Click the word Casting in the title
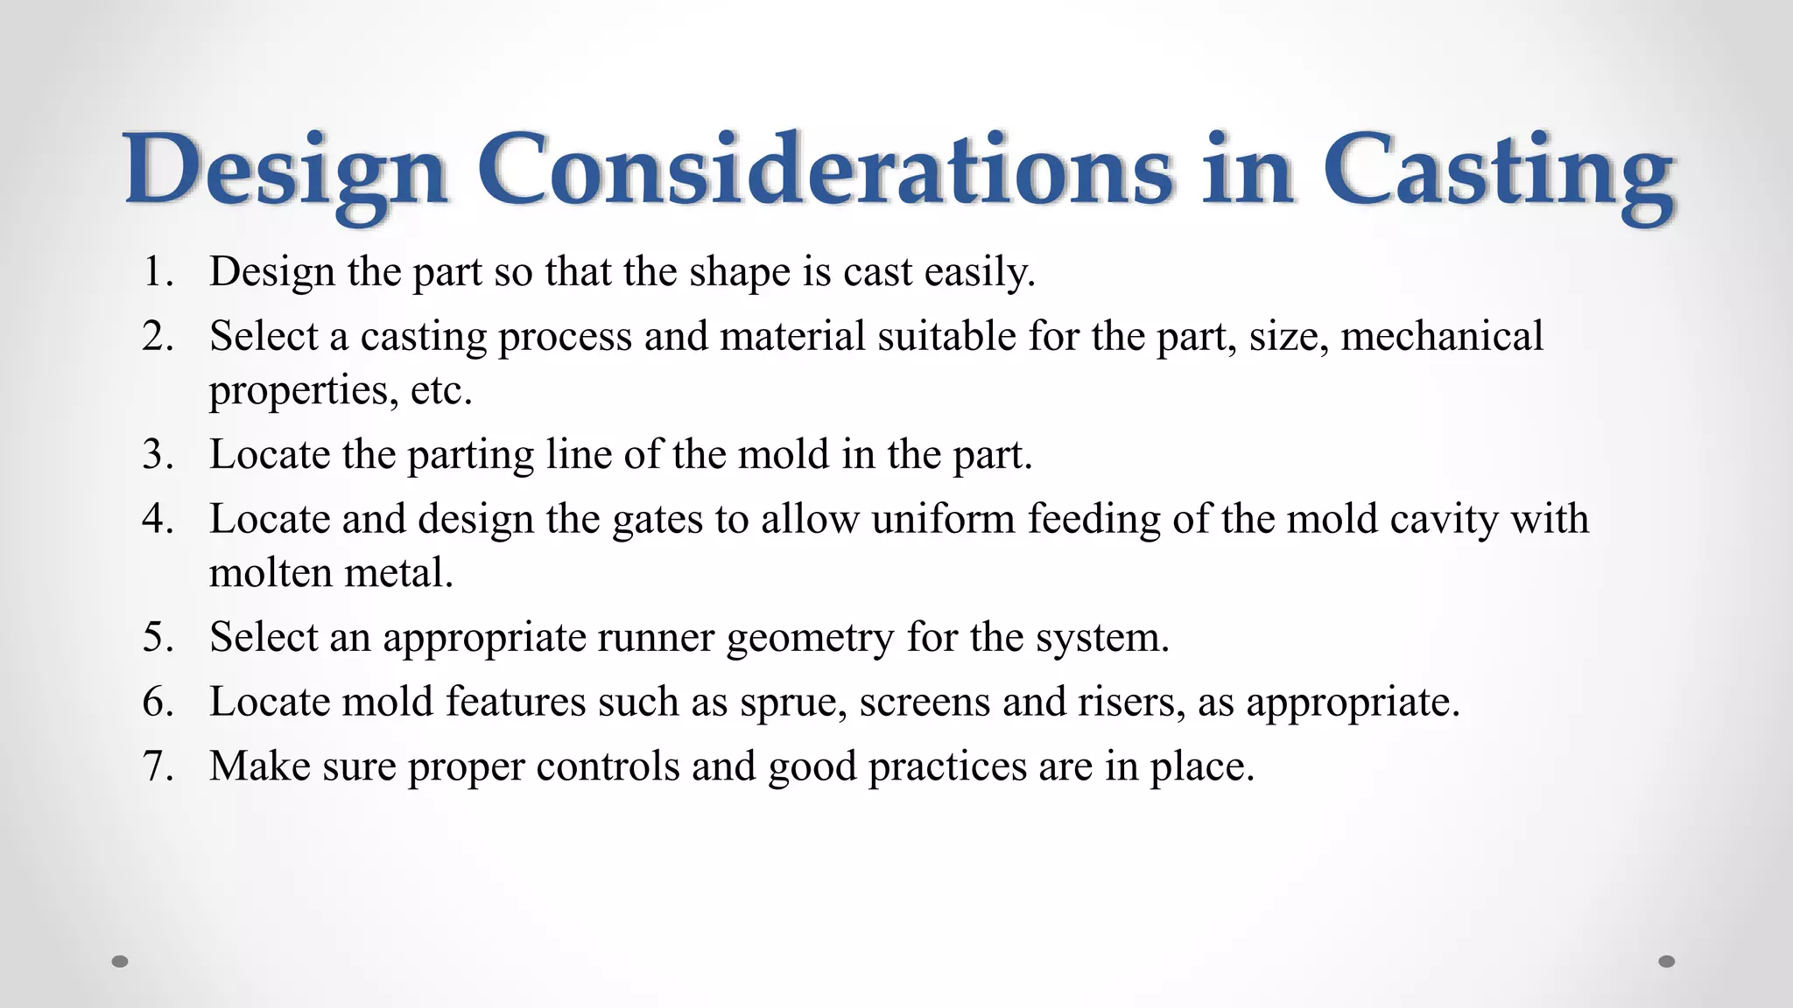(x=1498, y=170)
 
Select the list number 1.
(x=157, y=272)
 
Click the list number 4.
(x=157, y=519)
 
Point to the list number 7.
(x=157, y=766)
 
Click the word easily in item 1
(x=980, y=273)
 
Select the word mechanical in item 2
(x=1442, y=336)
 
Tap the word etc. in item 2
(x=441, y=390)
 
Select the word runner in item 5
(x=656, y=638)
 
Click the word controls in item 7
(x=608, y=766)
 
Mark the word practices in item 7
(x=946, y=767)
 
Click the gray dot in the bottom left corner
(x=121, y=962)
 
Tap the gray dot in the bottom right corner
(x=1667, y=962)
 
